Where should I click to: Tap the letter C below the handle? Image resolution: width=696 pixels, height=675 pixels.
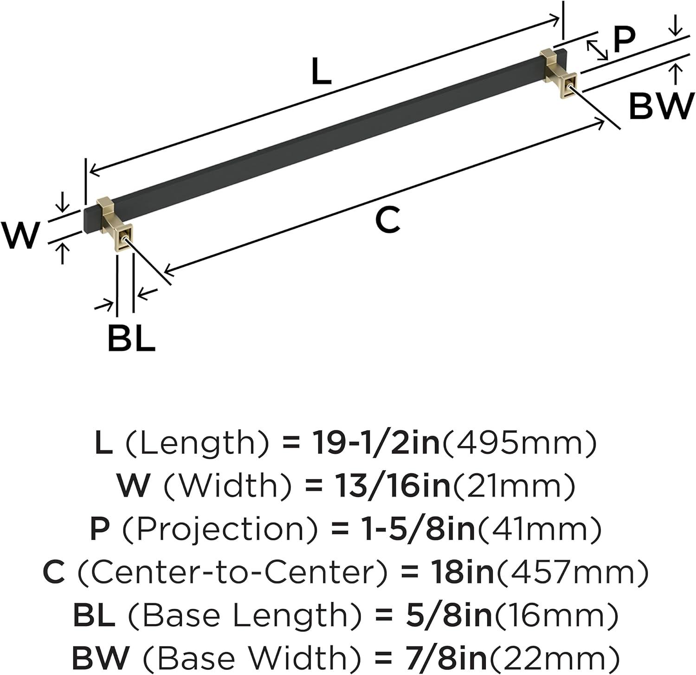(x=387, y=220)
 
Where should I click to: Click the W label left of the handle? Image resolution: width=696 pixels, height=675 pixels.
(x=20, y=235)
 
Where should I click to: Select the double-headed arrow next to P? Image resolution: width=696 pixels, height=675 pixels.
(x=597, y=50)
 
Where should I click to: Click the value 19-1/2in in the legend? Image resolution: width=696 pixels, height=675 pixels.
(x=376, y=442)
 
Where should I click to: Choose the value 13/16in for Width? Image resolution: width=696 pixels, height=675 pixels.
(x=393, y=486)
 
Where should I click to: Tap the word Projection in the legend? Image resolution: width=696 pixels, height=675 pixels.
(x=221, y=529)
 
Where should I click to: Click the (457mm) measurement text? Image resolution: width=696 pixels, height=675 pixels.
(x=572, y=572)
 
